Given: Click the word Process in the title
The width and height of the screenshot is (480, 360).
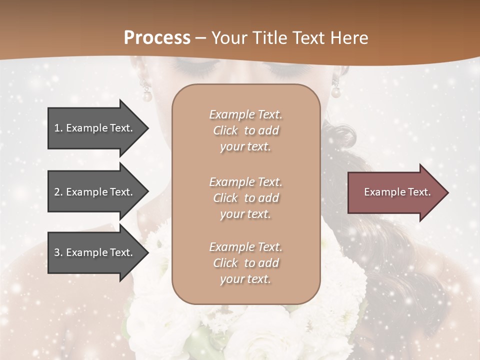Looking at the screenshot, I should (x=156, y=37).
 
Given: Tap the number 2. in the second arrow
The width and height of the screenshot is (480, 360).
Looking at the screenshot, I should (x=58, y=192).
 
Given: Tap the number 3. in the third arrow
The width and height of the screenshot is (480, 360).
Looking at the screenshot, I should (x=58, y=252).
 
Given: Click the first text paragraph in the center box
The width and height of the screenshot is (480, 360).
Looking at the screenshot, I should (x=245, y=130).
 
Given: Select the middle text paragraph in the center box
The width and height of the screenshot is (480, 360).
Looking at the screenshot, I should (x=245, y=198).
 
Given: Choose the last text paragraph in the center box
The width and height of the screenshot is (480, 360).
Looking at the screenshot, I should (x=245, y=263).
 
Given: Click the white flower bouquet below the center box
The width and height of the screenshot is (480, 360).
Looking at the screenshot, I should (x=240, y=327).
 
